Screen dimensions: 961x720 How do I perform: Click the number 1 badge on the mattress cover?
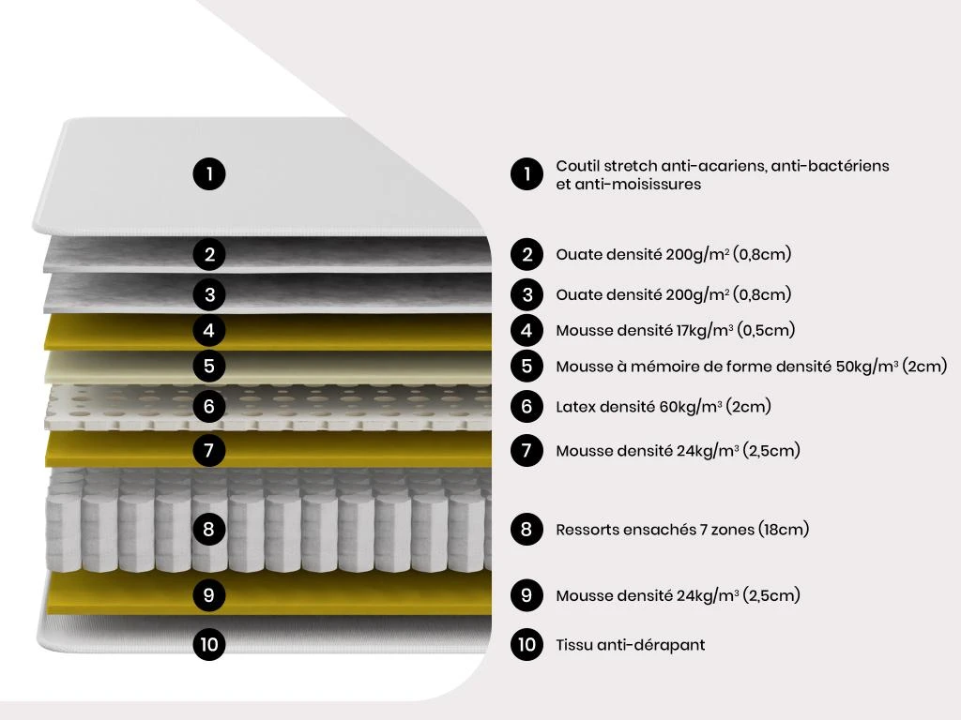coord(209,173)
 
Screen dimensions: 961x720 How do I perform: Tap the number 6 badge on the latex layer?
coord(209,406)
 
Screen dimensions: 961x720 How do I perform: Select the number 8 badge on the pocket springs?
coord(209,529)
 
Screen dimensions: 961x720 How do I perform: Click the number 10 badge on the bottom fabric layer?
coord(209,644)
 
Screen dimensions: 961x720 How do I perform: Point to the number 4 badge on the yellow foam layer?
coord(209,331)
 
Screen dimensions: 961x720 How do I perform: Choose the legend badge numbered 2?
coord(527,254)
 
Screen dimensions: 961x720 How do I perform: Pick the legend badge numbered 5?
coord(527,367)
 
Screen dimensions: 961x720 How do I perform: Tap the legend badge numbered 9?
coord(527,595)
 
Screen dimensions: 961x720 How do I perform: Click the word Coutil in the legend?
coord(577,166)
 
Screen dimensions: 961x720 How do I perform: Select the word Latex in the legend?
coord(574,407)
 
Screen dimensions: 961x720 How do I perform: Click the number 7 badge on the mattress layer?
coord(209,451)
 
